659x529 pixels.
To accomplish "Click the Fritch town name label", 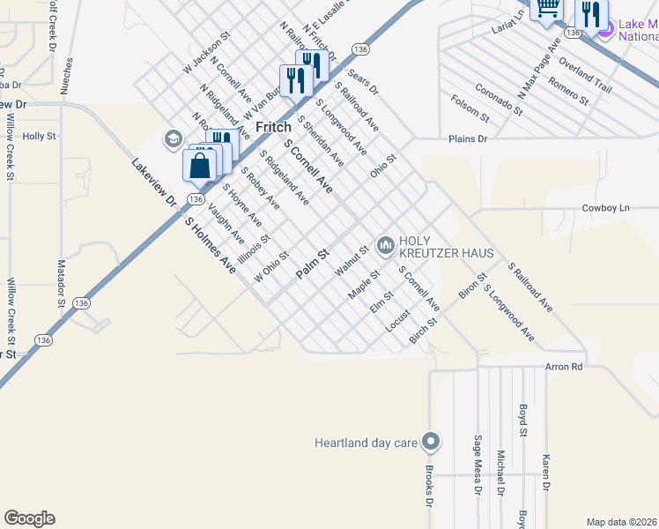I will (273, 127).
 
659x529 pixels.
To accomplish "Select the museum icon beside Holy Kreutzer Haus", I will (385, 245).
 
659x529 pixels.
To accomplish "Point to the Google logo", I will (29, 518).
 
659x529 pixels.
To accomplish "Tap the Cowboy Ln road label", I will (606, 208).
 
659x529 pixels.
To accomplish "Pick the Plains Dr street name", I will (467, 139).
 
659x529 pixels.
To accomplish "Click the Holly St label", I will (39, 137).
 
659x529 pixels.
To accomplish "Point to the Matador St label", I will (63, 283).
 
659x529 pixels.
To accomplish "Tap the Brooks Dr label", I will (430, 485).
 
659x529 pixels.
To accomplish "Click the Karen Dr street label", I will (546, 473).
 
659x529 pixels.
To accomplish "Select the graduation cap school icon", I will (173, 139).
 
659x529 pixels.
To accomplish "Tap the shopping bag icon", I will (200, 165).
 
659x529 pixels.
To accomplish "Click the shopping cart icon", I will (548, 8).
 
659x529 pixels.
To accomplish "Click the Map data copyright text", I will (621, 522).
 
